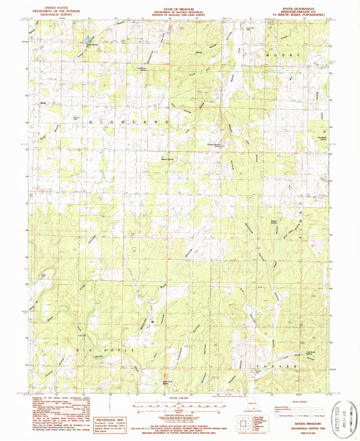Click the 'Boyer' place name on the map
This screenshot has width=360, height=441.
tap(43, 103)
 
